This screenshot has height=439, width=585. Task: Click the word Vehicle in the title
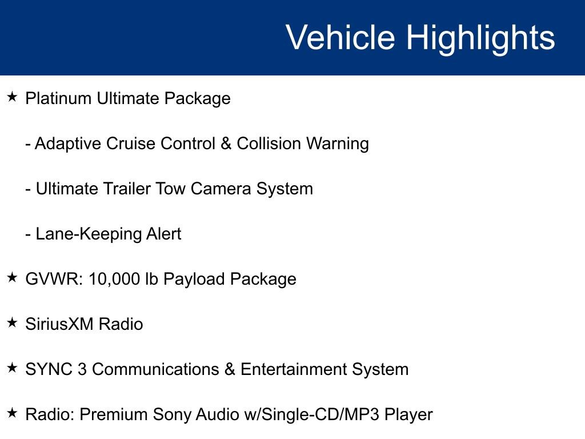coord(340,38)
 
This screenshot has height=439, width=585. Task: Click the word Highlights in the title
coord(480,38)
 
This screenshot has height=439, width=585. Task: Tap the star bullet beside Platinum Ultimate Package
coord(12,97)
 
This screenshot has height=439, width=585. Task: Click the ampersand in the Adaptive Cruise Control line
coord(226,143)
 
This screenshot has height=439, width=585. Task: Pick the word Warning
coord(338,143)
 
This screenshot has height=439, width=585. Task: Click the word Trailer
coord(125,189)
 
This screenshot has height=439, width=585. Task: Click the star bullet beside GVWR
coord(12,278)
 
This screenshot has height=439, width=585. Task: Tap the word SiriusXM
coord(59,324)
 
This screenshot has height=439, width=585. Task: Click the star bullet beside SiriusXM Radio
coord(12,323)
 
